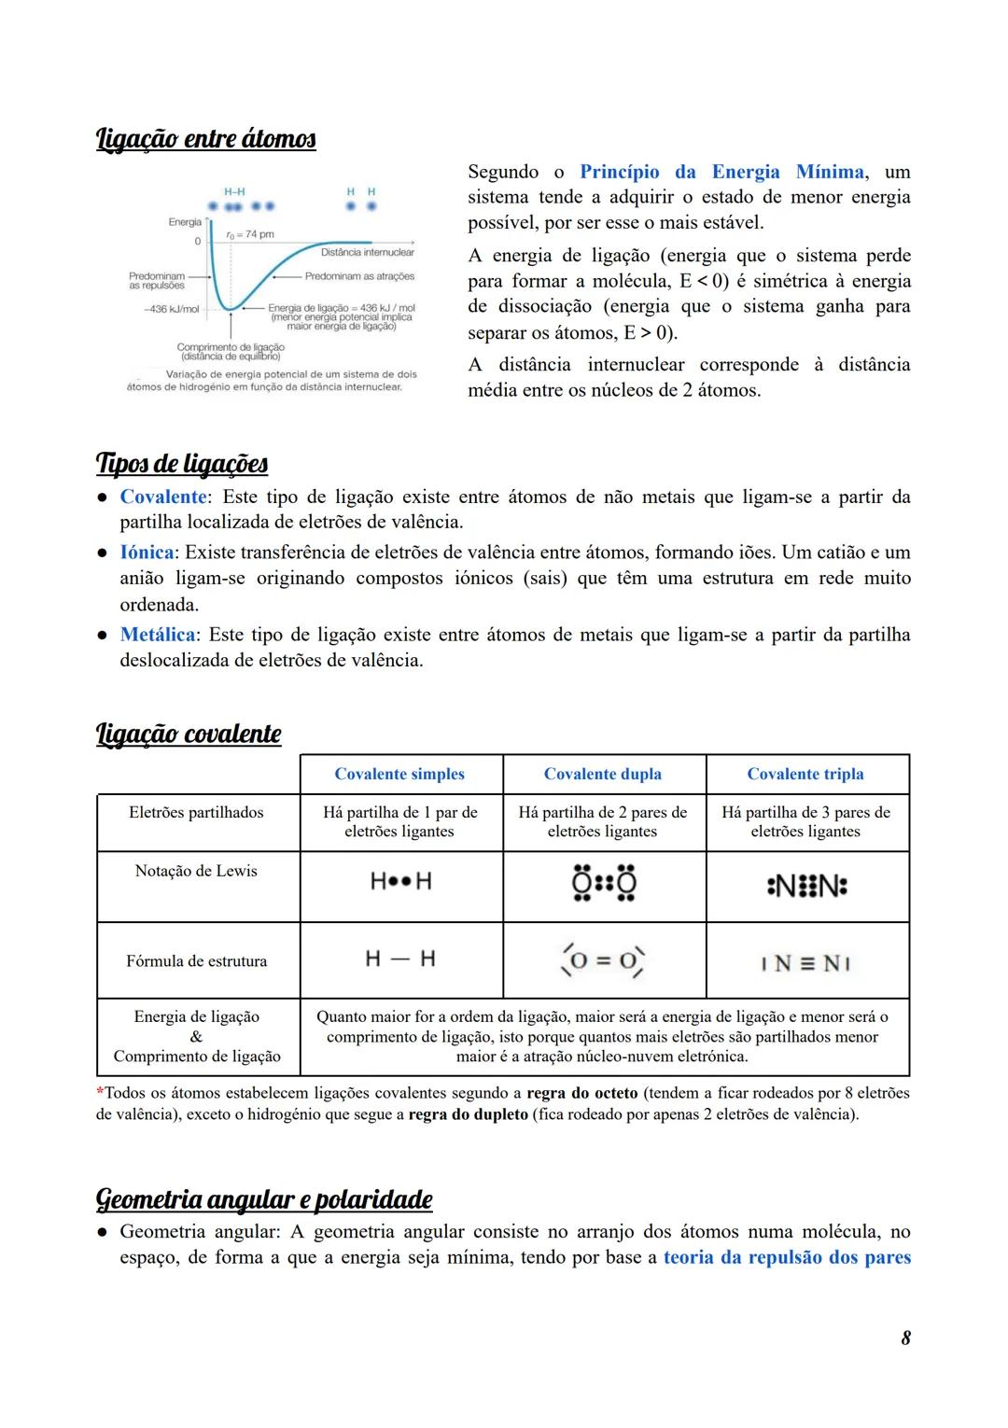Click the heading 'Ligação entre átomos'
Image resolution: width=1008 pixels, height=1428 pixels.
click(x=205, y=139)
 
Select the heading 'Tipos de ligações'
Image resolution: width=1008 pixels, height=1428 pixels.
click(x=182, y=464)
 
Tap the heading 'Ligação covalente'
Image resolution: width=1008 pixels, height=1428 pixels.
click(x=189, y=734)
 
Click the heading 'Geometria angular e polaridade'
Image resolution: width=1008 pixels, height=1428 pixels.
click(x=264, y=1198)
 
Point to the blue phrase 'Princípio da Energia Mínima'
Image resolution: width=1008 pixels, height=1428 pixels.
click(x=721, y=172)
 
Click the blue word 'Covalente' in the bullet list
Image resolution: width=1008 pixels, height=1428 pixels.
click(x=163, y=497)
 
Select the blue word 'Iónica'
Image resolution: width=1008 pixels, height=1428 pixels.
click(x=147, y=553)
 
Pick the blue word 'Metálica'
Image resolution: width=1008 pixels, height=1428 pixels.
click(x=158, y=635)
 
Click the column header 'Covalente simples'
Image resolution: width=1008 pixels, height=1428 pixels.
click(x=399, y=774)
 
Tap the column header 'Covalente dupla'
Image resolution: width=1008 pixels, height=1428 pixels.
click(x=603, y=774)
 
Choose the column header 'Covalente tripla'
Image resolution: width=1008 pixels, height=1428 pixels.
click(x=805, y=774)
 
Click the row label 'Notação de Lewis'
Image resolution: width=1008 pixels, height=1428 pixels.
click(x=196, y=871)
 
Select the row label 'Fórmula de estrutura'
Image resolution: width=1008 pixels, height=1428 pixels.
click(x=196, y=960)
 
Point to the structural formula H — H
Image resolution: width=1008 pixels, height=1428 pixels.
click(x=400, y=959)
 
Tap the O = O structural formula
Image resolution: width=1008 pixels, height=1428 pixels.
click(x=603, y=959)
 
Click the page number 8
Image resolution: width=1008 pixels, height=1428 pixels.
click(x=905, y=1337)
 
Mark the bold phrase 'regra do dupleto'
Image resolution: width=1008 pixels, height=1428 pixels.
click(x=469, y=1114)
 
